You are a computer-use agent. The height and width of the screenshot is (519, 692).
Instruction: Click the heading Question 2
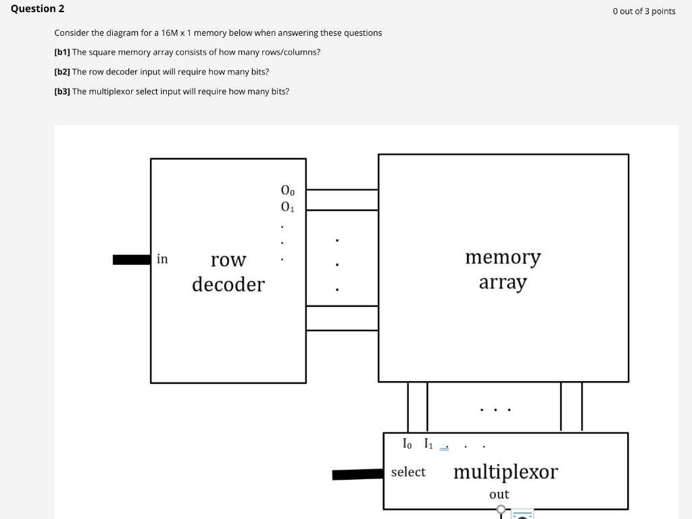tap(38, 9)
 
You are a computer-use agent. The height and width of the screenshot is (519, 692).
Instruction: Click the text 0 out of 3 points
tap(644, 11)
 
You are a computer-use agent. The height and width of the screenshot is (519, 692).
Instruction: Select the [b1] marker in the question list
tap(62, 52)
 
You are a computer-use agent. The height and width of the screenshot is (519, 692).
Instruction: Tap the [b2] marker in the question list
tap(62, 72)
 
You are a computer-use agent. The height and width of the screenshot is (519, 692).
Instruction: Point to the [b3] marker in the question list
tap(62, 91)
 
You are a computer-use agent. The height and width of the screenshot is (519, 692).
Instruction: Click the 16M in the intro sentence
tap(170, 33)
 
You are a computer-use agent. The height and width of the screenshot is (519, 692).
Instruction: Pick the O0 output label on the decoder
tap(288, 191)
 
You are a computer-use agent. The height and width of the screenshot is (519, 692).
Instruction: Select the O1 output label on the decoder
tap(288, 205)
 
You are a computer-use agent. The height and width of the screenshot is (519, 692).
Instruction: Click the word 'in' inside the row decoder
tap(162, 259)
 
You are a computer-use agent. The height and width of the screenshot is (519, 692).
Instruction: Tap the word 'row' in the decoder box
tap(228, 259)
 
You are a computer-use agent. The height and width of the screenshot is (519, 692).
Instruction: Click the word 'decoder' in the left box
tap(228, 285)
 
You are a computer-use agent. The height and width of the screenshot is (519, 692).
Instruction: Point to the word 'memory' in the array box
tap(503, 257)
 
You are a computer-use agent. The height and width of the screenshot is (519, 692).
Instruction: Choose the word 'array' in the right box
tap(502, 282)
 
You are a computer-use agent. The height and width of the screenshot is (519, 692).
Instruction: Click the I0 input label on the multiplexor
tap(407, 444)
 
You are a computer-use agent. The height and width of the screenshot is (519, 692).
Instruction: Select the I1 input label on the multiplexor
tap(428, 444)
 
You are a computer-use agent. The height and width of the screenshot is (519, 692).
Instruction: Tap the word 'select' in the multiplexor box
tap(408, 472)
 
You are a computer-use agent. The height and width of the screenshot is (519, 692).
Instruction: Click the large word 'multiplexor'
tap(505, 472)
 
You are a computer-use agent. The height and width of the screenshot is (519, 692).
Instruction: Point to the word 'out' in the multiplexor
tap(499, 495)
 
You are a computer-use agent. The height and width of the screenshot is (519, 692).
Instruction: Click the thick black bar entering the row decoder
tap(131, 259)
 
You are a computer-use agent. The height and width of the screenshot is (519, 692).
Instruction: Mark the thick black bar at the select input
tap(357, 474)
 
